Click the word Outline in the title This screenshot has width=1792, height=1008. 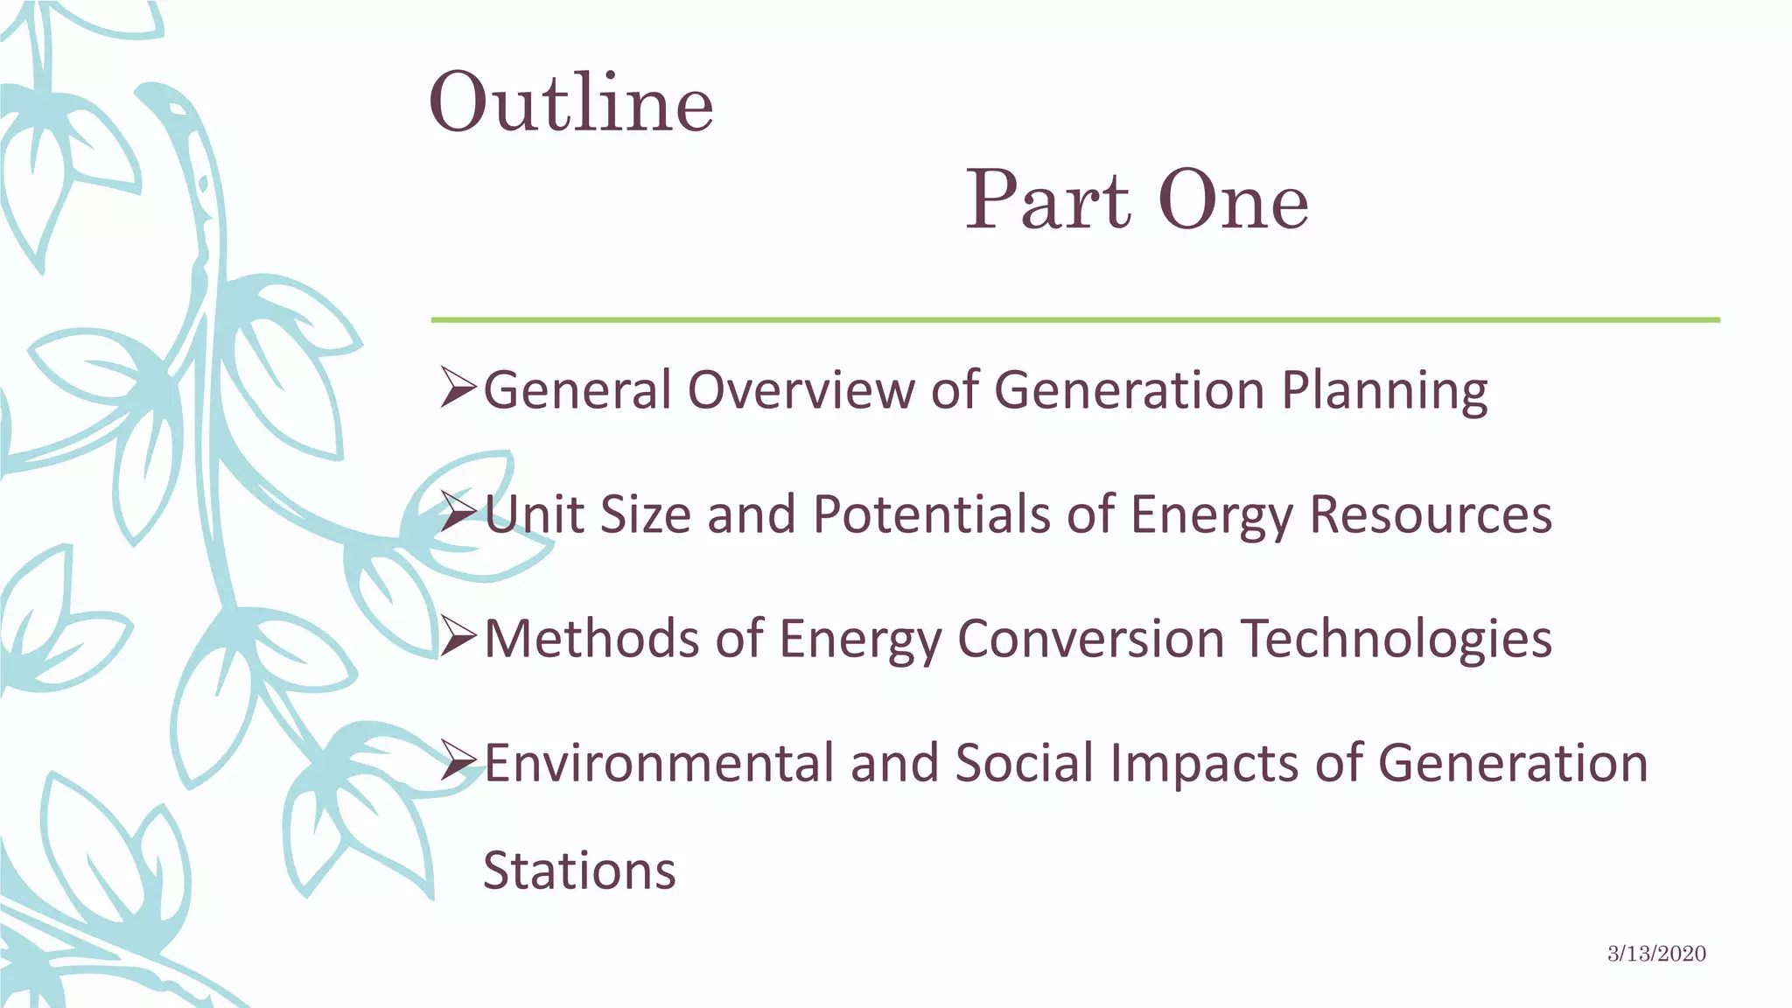570,103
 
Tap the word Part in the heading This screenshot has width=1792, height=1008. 1046,201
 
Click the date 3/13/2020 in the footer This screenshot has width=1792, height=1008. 1656,954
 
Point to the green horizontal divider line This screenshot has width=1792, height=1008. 1074,320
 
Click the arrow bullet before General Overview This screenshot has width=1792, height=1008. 458,388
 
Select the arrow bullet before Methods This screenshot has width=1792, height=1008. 458,637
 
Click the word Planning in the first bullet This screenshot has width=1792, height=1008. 1384,390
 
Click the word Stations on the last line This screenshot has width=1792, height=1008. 579,871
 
